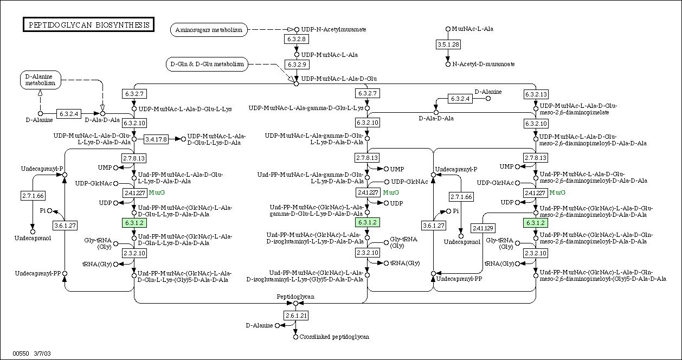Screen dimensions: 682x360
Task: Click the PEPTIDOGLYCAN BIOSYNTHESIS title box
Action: point(88,25)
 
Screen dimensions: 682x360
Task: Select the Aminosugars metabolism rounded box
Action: point(209,30)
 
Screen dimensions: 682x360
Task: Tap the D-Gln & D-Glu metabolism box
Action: point(207,65)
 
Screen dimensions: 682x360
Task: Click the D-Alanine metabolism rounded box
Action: point(41,80)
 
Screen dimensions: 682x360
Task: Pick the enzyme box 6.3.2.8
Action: point(297,39)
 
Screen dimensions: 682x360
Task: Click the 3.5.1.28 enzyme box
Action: point(448,44)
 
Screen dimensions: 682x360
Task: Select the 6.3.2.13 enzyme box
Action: point(536,94)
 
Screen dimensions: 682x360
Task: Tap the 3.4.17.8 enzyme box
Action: point(156,139)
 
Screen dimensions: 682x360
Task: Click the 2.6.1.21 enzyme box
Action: point(296,316)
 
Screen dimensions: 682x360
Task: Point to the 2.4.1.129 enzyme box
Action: point(483,228)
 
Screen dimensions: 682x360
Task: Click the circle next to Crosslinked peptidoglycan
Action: point(295,337)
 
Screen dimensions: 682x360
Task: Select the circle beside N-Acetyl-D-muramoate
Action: point(448,65)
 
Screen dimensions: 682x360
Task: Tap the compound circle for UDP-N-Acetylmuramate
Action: point(297,29)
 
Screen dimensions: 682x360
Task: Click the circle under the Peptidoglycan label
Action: point(295,304)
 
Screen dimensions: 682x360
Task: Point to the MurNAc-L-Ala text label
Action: point(473,29)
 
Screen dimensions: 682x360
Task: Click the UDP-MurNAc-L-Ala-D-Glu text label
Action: point(339,79)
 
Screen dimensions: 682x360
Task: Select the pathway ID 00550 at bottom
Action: point(21,353)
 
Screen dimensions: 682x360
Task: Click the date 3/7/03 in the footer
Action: point(42,353)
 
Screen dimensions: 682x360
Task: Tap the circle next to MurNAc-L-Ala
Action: point(448,29)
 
